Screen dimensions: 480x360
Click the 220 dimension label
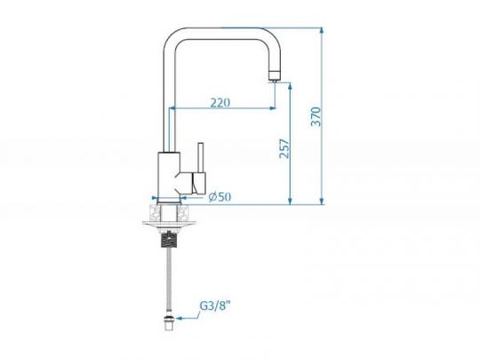coord(220,102)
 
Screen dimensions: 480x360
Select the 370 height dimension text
coord(316,116)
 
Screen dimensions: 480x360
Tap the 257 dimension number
coord(284,148)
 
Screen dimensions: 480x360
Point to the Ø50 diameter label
coord(220,196)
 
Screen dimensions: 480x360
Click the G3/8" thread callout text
coord(214,306)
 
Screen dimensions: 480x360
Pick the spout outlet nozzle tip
coord(274,76)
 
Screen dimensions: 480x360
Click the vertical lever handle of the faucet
coord(201,157)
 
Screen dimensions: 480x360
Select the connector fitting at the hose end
coord(169,323)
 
